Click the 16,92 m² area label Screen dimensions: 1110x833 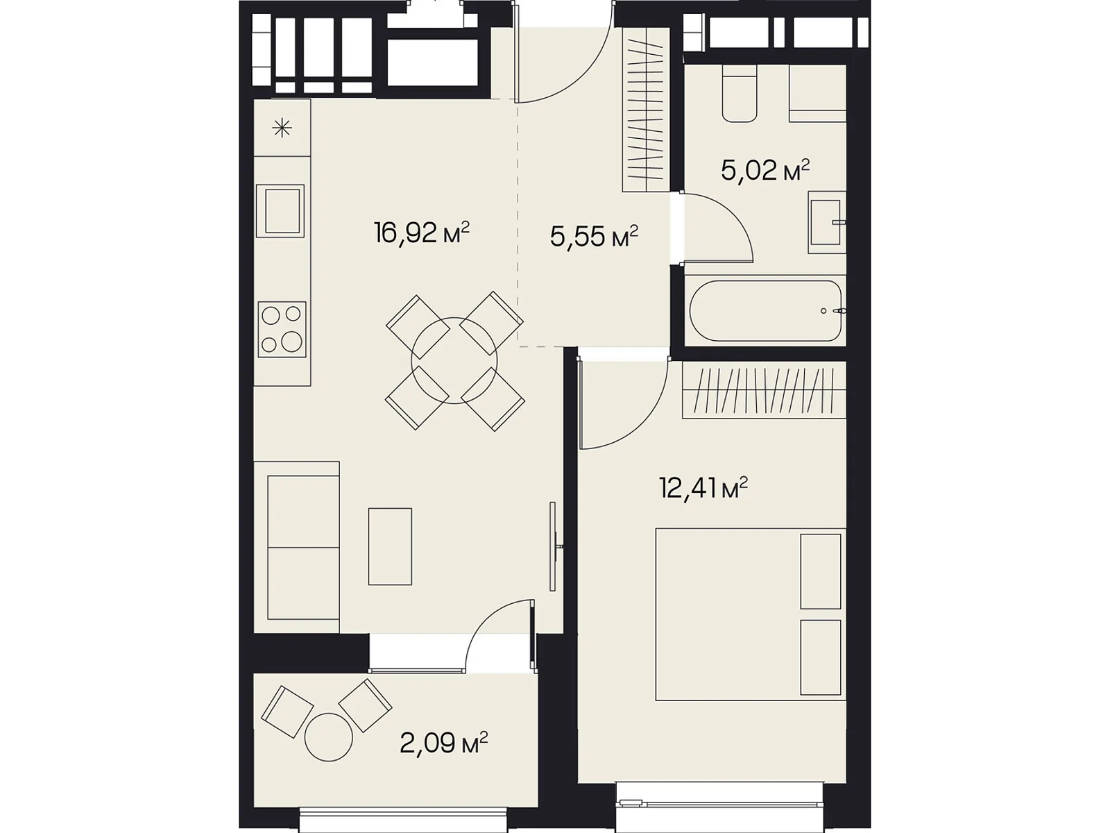pos(422,233)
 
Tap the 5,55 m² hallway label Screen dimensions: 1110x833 pos(594,236)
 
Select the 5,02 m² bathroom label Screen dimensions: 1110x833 pos(765,171)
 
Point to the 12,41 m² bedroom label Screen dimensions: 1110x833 pos(703,489)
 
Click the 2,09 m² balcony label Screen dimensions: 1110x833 pos(443,743)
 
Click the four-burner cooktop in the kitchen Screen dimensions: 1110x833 pos(282,329)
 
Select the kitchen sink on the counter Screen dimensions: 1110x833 pos(280,211)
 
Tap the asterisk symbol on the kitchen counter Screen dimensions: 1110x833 pos(282,128)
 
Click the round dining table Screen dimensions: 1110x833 pos(454,360)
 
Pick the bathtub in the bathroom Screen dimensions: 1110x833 pos(765,311)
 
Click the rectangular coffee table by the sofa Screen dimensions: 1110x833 pos(390,547)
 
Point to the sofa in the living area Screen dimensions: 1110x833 pos(296,547)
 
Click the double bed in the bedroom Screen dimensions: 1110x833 pos(751,614)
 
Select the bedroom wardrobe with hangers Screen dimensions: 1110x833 pos(764,389)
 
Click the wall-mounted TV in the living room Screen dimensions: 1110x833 pos(554,546)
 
